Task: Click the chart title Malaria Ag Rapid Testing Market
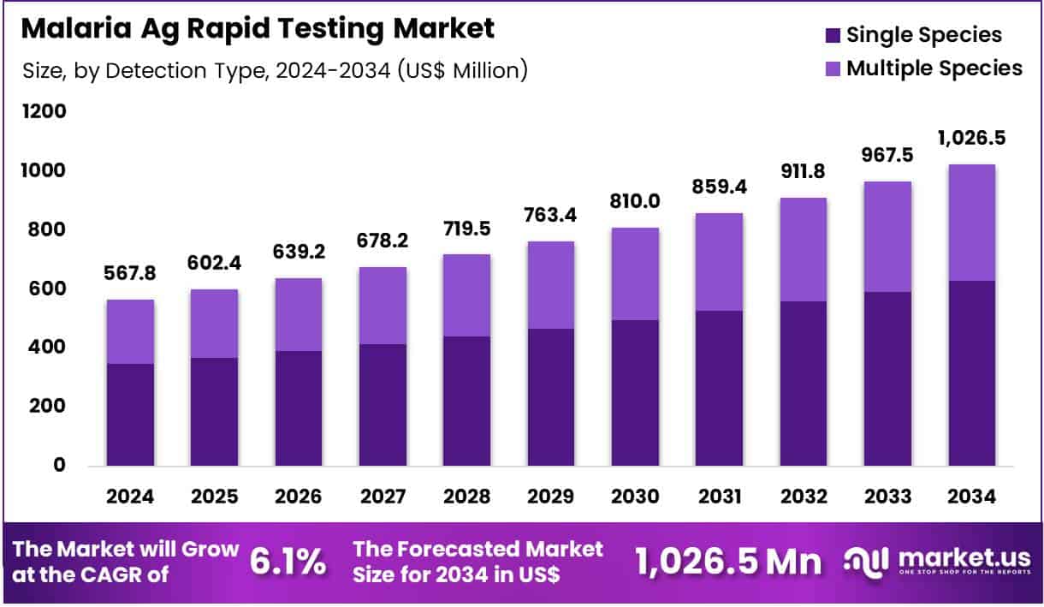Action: click(x=257, y=27)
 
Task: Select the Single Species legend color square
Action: click(x=833, y=36)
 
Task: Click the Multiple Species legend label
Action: click(x=934, y=68)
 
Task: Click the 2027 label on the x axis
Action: click(x=383, y=497)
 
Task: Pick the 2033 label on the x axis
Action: click(x=887, y=497)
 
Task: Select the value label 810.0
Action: click(x=634, y=202)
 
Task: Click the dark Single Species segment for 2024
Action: click(x=130, y=414)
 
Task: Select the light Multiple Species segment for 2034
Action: click(x=971, y=223)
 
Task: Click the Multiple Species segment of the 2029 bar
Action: click(x=550, y=285)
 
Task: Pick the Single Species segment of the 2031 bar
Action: click(x=718, y=388)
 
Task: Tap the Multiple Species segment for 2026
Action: click(x=298, y=314)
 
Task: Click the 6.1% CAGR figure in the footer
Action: click(x=288, y=562)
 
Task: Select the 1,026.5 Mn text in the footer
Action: click(x=727, y=562)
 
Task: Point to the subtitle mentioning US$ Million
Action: click(x=276, y=70)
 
